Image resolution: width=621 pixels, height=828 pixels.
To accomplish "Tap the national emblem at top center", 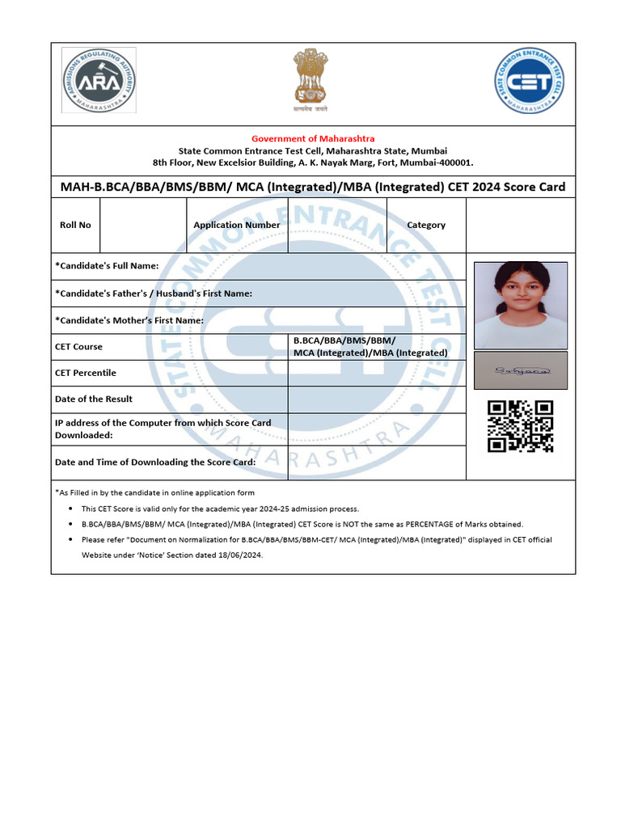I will (x=310, y=80).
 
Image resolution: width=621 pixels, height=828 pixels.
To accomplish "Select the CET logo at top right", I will (x=530, y=80).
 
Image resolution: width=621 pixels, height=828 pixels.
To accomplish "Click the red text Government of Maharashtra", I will (x=313, y=139).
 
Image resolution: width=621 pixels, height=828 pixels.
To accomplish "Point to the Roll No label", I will (x=75, y=225).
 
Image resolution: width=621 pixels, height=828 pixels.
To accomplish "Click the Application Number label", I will (x=237, y=225).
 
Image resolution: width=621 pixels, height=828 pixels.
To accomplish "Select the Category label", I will (x=426, y=225).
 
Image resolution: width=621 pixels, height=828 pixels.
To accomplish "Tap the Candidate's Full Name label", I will (x=107, y=266).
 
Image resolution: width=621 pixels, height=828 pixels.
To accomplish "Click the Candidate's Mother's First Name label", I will (x=129, y=320).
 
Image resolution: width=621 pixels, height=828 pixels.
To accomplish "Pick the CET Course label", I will (x=78, y=347).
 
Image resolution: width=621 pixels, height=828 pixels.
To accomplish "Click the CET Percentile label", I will (x=85, y=373).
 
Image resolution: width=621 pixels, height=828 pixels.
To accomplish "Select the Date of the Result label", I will (x=94, y=399).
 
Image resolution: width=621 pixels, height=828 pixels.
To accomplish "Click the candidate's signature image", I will (x=520, y=370).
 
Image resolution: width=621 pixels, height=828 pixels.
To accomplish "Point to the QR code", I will (x=520, y=426).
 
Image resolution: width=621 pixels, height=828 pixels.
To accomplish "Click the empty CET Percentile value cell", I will (x=377, y=373).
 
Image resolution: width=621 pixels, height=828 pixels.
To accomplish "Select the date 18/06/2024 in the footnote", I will (x=239, y=556).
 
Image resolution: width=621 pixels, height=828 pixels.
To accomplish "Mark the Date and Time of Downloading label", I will (x=155, y=462).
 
